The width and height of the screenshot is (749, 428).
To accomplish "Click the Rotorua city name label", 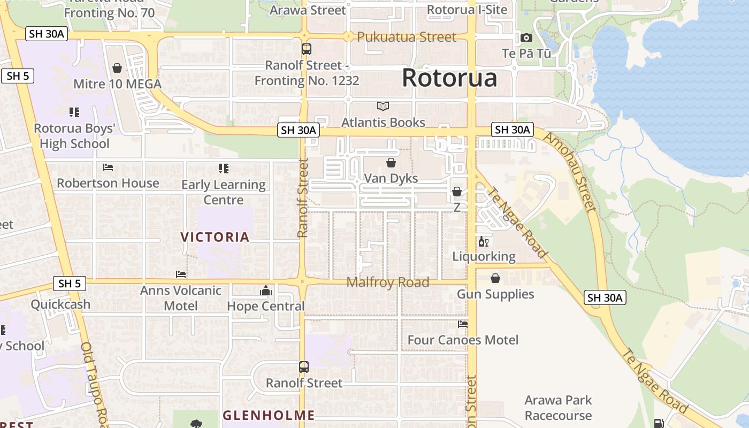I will pyautogui.click(x=449, y=78).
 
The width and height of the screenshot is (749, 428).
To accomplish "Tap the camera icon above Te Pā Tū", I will pyautogui.click(x=526, y=37).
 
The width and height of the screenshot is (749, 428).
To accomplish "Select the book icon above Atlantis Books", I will pyautogui.click(x=383, y=106).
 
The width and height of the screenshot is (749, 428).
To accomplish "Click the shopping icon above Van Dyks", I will pyautogui.click(x=391, y=163).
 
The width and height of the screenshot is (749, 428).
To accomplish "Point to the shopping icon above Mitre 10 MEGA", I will pyautogui.click(x=117, y=68).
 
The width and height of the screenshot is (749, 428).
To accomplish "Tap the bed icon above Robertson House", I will pyautogui.click(x=108, y=167).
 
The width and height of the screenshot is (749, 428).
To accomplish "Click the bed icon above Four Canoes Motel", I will pyautogui.click(x=463, y=324).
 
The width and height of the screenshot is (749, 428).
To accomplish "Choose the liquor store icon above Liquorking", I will pyautogui.click(x=484, y=242).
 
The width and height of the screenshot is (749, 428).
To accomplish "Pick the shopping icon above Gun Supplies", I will pyautogui.click(x=495, y=278).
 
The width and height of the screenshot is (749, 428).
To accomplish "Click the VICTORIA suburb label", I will pyautogui.click(x=215, y=237).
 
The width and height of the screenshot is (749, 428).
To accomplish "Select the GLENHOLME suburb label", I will pyautogui.click(x=269, y=415).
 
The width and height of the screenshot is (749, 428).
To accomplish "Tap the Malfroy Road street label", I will pyautogui.click(x=388, y=282).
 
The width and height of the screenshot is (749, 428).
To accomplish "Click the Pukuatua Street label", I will pyautogui.click(x=407, y=37).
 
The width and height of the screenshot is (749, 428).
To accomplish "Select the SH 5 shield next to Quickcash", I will pyautogui.click(x=70, y=284).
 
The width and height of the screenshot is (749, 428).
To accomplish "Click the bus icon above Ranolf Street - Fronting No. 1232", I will pyautogui.click(x=307, y=49).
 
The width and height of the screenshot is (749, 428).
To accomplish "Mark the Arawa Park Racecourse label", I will pyautogui.click(x=558, y=408).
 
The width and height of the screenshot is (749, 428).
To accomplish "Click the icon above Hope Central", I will pyautogui.click(x=266, y=291).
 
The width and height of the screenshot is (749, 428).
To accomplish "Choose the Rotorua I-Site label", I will pyautogui.click(x=467, y=9).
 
